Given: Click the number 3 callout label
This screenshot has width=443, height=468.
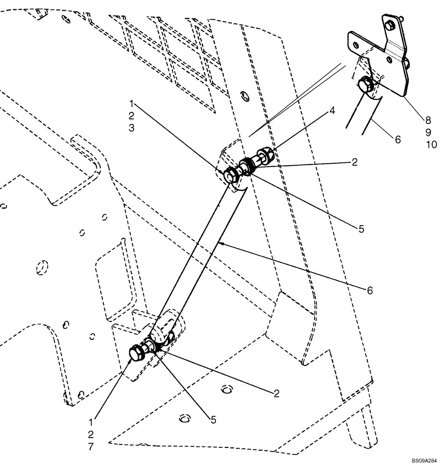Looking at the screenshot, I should coord(132,128).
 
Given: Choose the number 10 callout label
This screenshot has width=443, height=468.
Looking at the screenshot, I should coord(431,145).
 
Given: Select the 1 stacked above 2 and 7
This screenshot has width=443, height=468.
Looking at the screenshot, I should coord(91,421).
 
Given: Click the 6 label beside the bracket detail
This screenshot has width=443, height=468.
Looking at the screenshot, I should coord(397,139).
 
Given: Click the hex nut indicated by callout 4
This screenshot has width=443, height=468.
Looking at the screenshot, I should coord(264,156).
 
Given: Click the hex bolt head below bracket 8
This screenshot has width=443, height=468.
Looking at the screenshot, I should coord(364,86).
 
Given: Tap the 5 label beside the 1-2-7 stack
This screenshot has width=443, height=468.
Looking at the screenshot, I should coord(213,420).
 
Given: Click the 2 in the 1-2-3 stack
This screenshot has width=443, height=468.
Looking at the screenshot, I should coord(132,115).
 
